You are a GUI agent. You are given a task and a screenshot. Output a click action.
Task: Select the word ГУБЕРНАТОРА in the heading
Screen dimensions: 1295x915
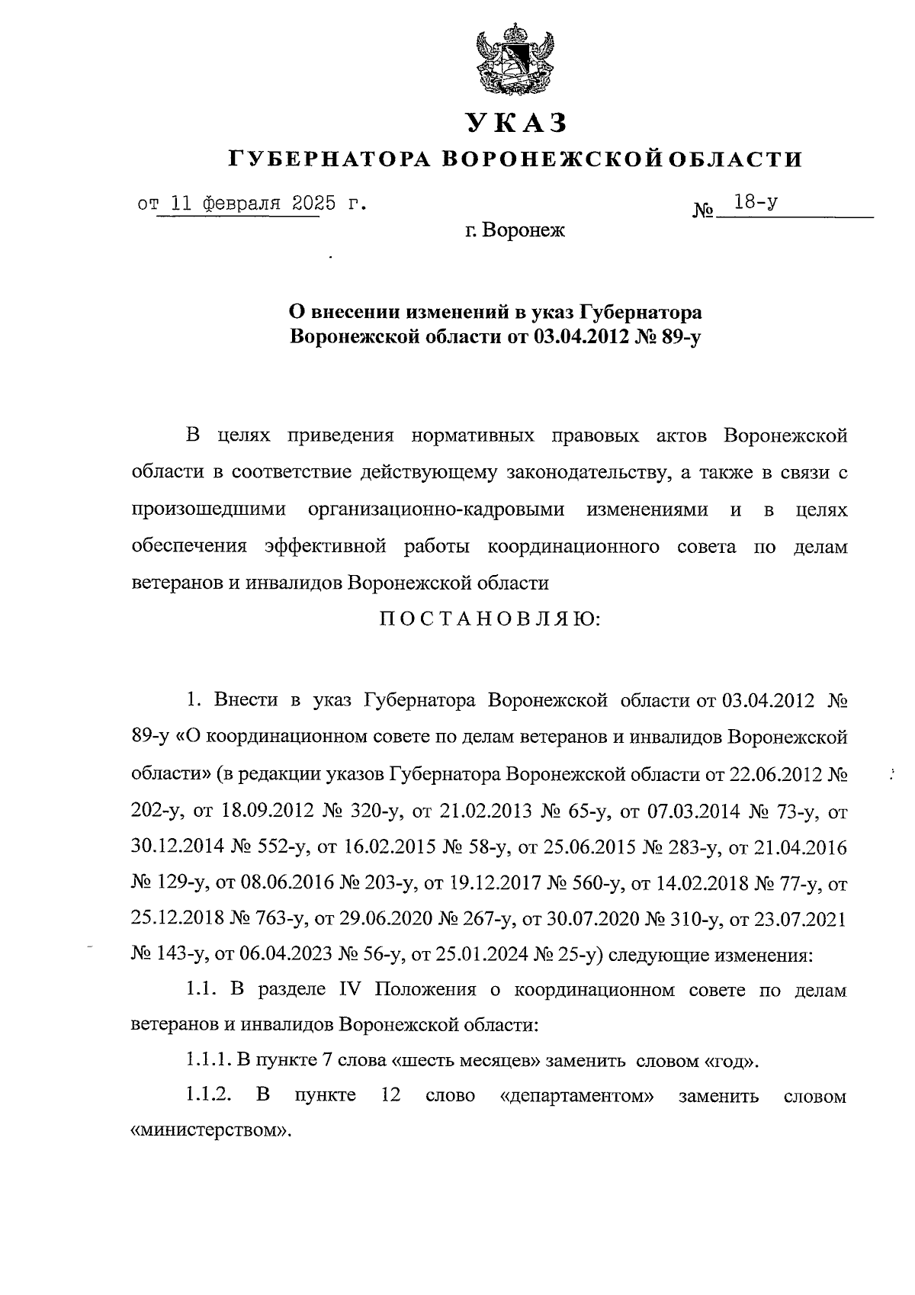(x=330, y=159)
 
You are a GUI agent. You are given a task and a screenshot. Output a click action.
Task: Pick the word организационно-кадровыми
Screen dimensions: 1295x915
(x=437, y=509)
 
